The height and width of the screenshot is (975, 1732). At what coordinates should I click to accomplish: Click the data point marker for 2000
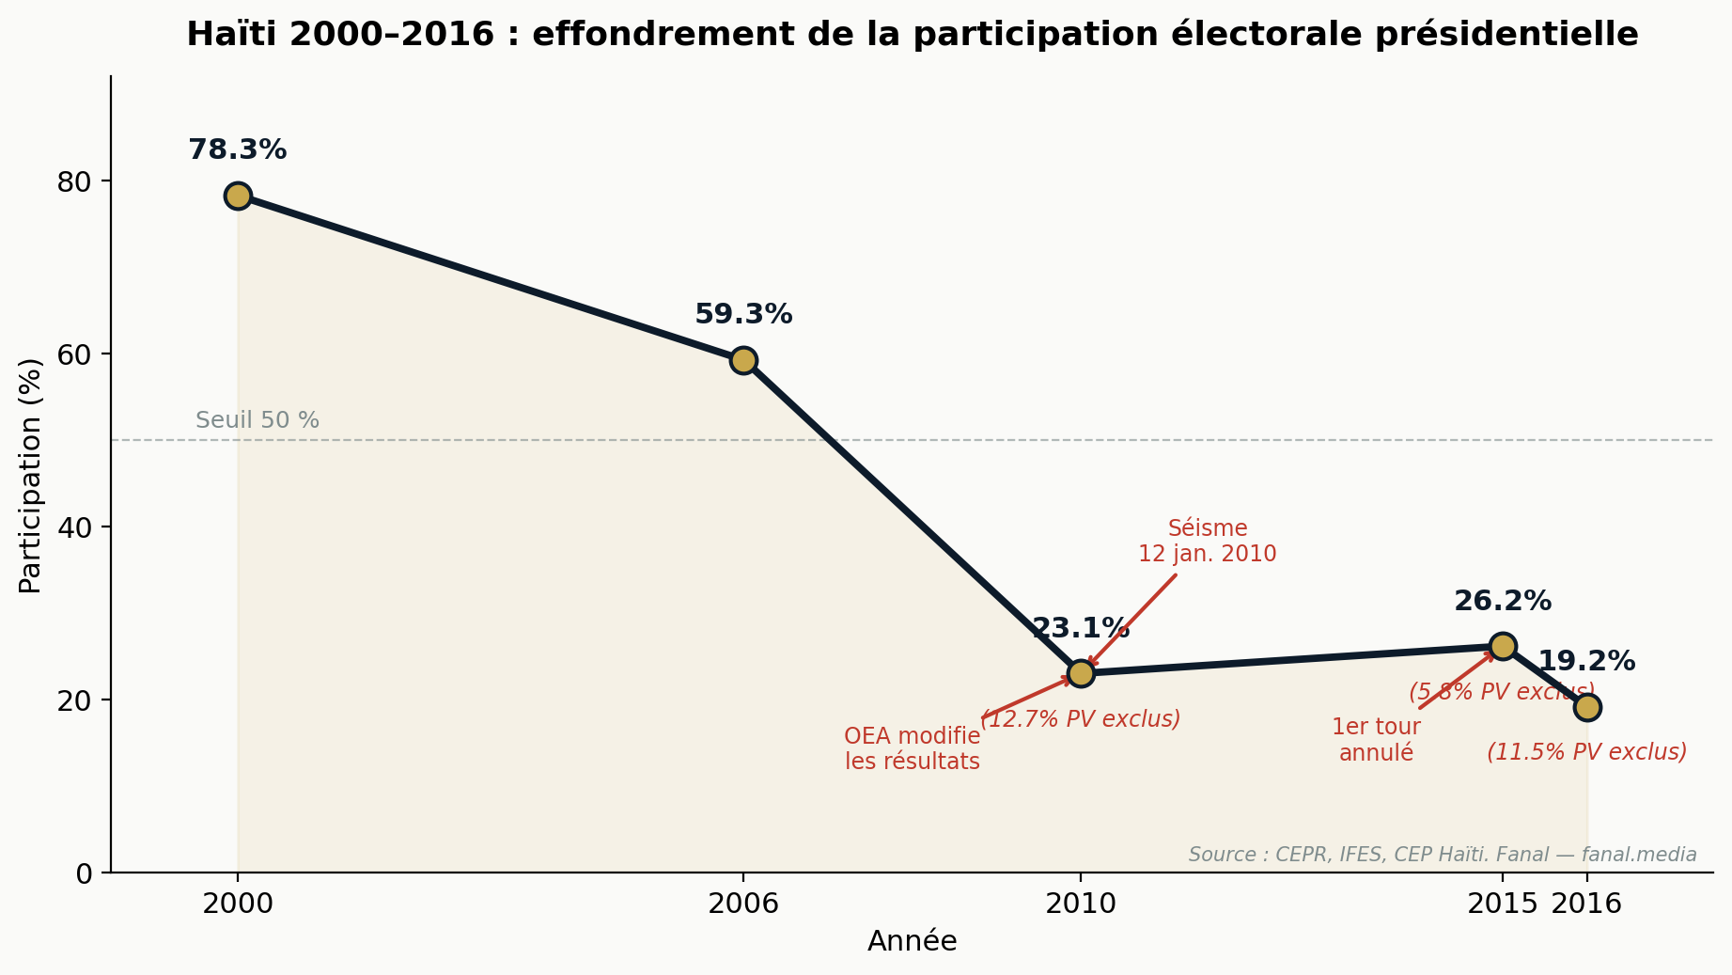[238, 196]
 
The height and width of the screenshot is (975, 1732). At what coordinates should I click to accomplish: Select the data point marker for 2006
[743, 360]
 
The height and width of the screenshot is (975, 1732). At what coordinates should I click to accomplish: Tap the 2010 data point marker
[1081, 673]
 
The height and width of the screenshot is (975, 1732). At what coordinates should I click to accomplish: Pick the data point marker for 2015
[1503, 646]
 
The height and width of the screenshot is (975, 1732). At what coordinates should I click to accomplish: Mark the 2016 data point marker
[1587, 707]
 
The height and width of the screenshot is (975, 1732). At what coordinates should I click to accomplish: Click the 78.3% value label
[237, 150]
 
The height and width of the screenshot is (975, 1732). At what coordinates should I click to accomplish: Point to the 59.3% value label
[743, 315]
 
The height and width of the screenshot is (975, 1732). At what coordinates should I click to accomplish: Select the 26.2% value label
[1503, 602]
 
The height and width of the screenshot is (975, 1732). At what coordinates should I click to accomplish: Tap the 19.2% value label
[1586, 662]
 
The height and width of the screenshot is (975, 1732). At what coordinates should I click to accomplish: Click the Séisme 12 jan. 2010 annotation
[1207, 542]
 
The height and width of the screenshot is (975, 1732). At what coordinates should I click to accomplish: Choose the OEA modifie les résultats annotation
[912, 749]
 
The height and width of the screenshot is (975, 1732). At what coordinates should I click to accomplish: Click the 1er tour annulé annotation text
[1376, 740]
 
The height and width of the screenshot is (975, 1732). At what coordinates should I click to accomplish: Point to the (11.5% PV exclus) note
[1586, 752]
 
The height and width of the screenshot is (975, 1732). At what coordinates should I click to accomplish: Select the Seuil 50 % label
[257, 421]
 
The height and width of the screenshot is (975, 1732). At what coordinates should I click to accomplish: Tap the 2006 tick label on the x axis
[743, 904]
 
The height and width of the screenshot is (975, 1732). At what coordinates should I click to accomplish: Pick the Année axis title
[912, 942]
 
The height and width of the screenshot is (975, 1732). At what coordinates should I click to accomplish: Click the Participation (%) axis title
[30, 475]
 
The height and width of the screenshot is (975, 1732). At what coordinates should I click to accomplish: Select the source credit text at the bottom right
[1442, 855]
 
